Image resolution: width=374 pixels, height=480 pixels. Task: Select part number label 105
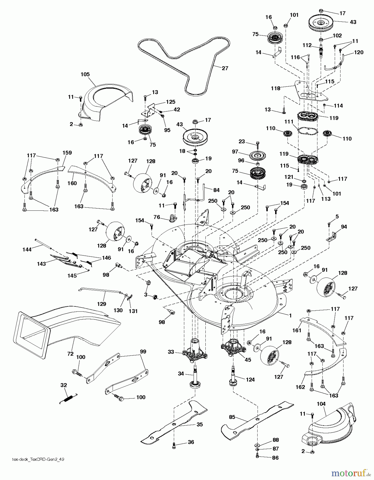pyautogui.click(x=85, y=74)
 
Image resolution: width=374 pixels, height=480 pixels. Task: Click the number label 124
pyautogui.click(x=250, y=379)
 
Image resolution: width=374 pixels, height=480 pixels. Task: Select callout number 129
pyautogui.click(x=102, y=304)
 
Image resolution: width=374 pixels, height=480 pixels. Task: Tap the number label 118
pyautogui.click(x=275, y=88)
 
